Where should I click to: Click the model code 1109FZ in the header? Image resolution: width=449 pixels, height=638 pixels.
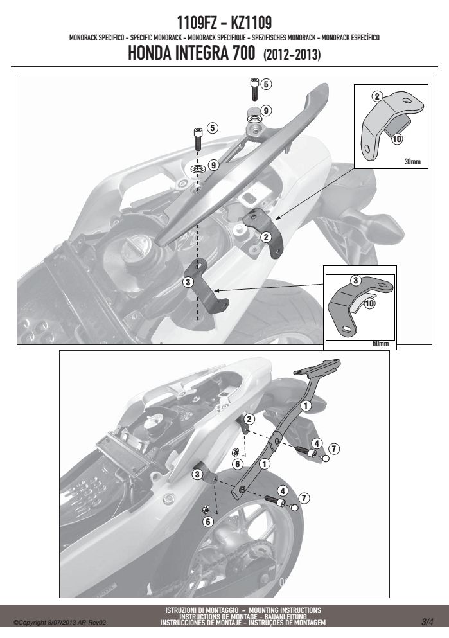(x=197, y=22)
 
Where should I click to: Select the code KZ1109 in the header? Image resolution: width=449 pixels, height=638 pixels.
(x=251, y=22)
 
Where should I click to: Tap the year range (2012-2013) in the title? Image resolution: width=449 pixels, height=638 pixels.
(x=292, y=55)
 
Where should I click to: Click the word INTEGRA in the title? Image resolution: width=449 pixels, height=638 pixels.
(x=200, y=53)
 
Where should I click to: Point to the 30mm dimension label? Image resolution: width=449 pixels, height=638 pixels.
(x=412, y=161)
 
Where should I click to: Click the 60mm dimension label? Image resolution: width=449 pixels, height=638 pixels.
(x=381, y=343)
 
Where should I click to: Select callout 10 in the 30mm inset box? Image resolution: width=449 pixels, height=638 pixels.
(x=396, y=139)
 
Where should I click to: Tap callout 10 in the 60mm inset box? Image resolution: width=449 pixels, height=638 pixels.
(x=369, y=303)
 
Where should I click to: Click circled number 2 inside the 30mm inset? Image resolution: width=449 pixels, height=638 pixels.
(x=378, y=96)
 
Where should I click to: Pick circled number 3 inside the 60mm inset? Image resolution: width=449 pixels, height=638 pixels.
(x=355, y=280)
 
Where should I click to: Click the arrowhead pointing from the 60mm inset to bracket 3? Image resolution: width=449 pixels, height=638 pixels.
(x=216, y=290)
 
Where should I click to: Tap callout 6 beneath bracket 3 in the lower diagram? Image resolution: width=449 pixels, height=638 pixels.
(x=208, y=522)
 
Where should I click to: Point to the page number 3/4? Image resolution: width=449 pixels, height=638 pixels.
(x=427, y=622)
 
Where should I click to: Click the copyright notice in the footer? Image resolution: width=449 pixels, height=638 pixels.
(x=60, y=623)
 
